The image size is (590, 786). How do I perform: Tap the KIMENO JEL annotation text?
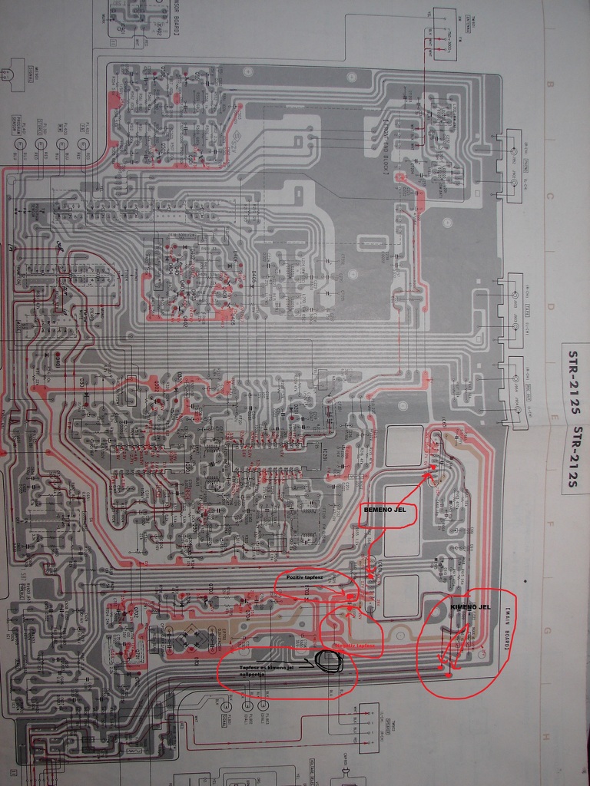(470, 606)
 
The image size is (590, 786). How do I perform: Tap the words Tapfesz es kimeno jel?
(266, 667)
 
